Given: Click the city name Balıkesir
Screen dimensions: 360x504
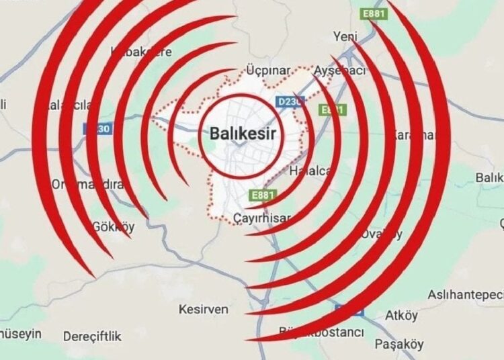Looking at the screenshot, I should [243, 133].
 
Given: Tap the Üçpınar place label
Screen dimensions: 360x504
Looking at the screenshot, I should [268, 71].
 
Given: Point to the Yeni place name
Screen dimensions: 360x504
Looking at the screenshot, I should [345, 38].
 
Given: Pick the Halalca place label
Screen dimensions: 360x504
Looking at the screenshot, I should [309, 171].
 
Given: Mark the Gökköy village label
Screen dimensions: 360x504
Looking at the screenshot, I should [113, 226].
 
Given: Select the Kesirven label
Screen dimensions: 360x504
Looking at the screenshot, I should [204, 310].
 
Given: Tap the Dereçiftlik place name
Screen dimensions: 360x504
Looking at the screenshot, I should [92, 336].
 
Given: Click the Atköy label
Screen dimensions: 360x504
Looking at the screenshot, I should [402, 315].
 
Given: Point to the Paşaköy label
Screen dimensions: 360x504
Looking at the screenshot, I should [399, 345].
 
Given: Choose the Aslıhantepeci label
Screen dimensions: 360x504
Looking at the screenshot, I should [466, 295].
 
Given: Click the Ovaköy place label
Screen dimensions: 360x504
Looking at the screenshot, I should [381, 234].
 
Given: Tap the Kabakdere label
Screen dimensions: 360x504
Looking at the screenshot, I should [141, 52].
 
